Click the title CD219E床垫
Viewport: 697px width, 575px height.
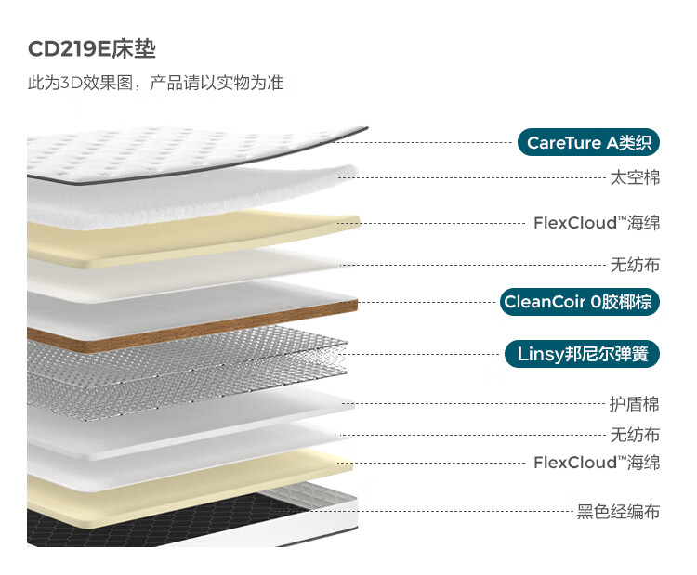click(x=92, y=49)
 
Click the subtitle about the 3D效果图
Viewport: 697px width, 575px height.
click(x=155, y=83)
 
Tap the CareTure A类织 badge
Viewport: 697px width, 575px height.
click(x=588, y=143)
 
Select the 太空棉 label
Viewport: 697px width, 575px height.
click(x=635, y=177)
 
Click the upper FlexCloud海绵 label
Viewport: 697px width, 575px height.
click(x=597, y=223)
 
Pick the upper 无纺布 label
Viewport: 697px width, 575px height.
click(x=635, y=265)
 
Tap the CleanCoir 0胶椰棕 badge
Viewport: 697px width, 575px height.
click(x=579, y=302)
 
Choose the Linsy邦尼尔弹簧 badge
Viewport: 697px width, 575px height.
click(x=582, y=354)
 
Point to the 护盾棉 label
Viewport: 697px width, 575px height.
click(x=635, y=404)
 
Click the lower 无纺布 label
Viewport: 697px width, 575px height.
click(x=635, y=435)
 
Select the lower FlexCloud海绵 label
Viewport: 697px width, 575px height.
click(x=597, y=463)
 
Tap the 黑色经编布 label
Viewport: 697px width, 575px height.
click(x=618, y=512)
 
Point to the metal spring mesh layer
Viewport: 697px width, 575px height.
click(x=187, y=369)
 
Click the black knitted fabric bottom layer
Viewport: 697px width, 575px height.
click(x=147, y=522)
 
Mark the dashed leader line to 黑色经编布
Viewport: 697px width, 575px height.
click(x=423, y=512)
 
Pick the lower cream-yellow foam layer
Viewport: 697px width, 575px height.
click(x=187, y=489)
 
